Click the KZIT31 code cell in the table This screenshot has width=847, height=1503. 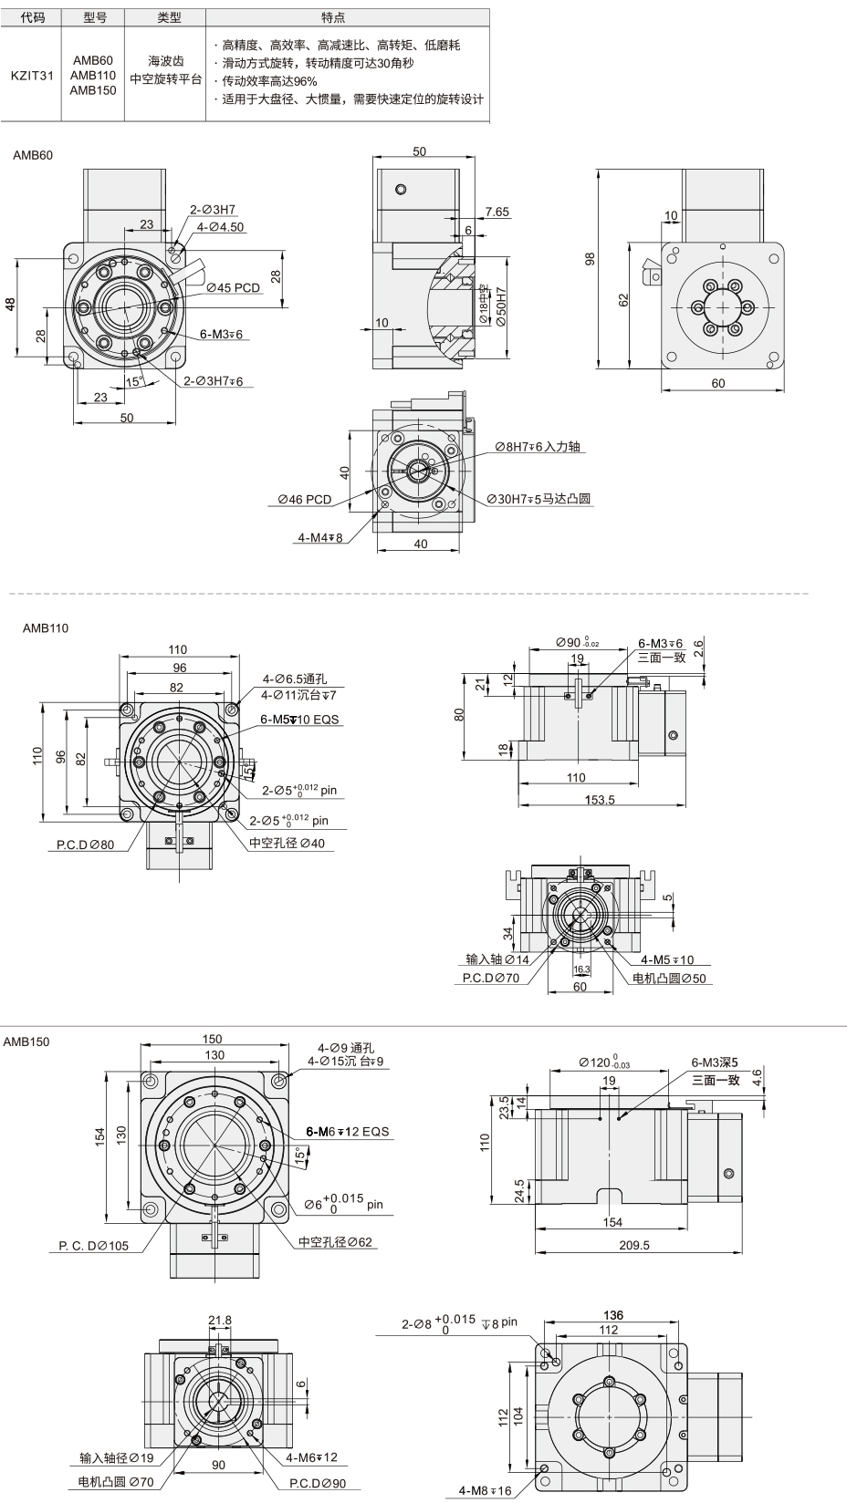32,76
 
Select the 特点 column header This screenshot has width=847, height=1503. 334,17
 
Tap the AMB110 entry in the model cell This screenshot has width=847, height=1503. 93,76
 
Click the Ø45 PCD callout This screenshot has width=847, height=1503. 233,288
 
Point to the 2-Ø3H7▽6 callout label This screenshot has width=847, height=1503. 214,381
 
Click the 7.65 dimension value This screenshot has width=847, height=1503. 497,212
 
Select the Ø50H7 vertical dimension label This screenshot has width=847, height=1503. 501,306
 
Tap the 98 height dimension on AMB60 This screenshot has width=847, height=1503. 590,259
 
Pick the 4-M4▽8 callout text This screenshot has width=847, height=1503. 320,537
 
